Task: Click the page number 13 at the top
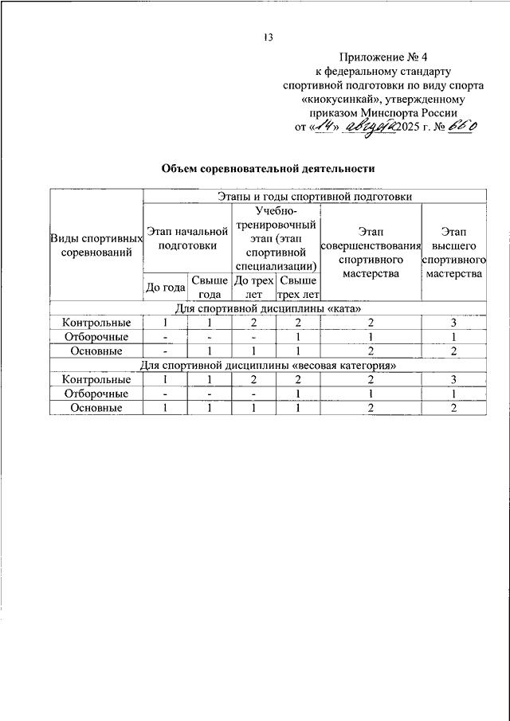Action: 269,37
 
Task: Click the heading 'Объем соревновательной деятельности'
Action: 268,169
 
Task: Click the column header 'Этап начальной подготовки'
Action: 187,238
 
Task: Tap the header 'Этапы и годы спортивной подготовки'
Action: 315,196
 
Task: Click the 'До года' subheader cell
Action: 166,287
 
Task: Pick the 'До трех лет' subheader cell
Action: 253,287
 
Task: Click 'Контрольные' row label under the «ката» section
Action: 96,323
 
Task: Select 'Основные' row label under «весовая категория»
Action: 96,408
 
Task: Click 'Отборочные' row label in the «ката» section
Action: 96,337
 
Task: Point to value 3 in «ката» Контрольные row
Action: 453,323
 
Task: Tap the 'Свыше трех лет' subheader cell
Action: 297,287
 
